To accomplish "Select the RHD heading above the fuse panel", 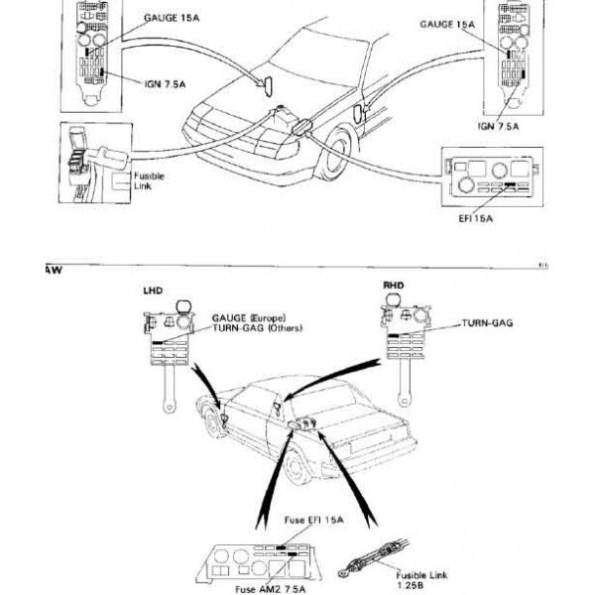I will click(395, 285).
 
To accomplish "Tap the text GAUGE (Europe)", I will click(247, 318).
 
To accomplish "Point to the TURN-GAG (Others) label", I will click(257, 328).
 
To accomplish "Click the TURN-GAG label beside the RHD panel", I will click(488, 323).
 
